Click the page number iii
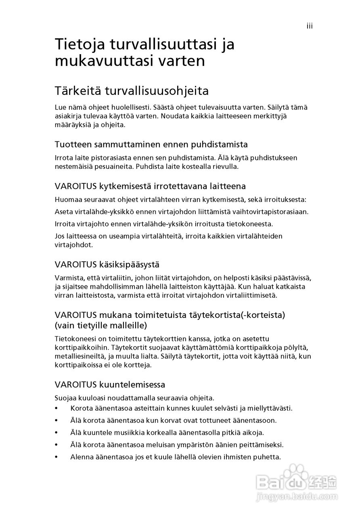310,26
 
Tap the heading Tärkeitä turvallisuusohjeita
132,91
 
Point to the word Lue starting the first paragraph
61,107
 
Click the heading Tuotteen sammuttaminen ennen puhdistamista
151,144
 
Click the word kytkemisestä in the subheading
123,186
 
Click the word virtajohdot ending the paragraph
74,245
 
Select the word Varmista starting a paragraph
69,278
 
